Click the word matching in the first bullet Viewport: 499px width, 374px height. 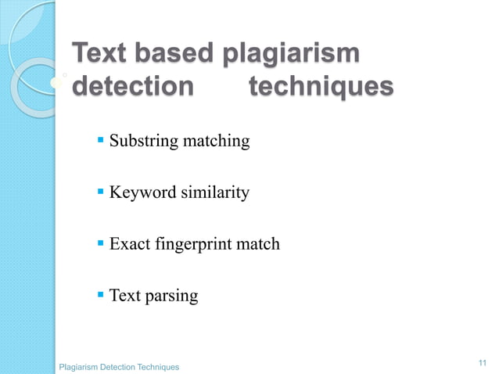(215, 142)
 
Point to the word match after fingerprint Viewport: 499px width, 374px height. (257, 244)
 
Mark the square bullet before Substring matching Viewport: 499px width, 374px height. (100, 141)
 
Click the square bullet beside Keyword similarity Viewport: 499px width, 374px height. (100, 192)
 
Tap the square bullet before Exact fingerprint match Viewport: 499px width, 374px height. (100, 243)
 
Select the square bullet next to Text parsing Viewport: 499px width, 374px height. (100, 295)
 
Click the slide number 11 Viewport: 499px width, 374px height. (481, 362)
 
